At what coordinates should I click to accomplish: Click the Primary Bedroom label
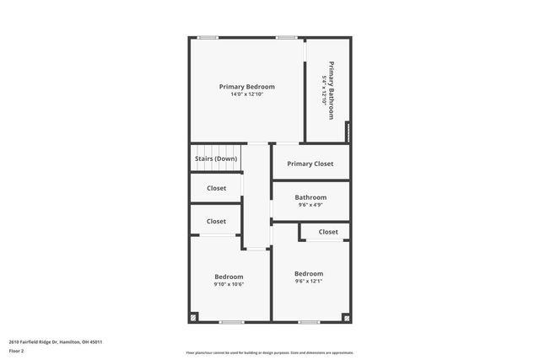[246, 87]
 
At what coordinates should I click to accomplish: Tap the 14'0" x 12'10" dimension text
[246, 94]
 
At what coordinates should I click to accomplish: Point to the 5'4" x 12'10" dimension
[324, 89]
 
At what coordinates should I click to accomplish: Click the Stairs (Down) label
[216, 159]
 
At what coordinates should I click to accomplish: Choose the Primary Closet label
[310, 164]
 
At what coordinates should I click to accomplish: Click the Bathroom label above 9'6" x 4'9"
[310, 197]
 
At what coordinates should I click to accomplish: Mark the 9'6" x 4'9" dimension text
[310, 205]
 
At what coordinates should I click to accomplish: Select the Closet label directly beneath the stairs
[216, 188]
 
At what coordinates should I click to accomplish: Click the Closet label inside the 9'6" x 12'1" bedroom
[328, 231]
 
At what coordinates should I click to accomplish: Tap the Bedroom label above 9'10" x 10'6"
[229, 277]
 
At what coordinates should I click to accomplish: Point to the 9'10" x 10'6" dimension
[229, 284]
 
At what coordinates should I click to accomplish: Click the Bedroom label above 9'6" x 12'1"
[309, 273]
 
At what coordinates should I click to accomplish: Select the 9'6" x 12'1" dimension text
[309, 281]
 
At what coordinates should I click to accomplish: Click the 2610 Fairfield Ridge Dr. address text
[50, 341]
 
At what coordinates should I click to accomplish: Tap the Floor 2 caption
[16, 351]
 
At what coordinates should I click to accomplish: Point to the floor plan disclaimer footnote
[269, 353]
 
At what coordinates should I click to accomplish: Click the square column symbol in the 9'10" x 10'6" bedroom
[194, 317]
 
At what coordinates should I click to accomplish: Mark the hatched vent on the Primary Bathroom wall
[348, 133]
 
